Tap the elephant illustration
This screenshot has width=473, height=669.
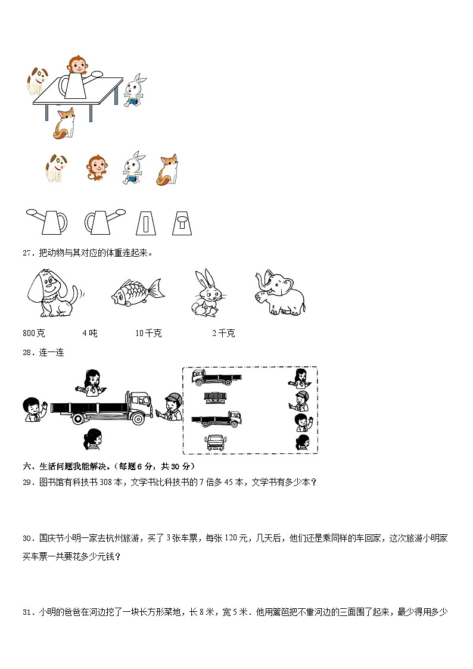(279, 292)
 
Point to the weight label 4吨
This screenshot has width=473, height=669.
(89, 333)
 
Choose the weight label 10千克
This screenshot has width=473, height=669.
(148, 333)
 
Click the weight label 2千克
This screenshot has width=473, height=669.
(223, 333)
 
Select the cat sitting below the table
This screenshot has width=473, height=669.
(64, 123)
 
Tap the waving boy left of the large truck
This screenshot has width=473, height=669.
(33, 410)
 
